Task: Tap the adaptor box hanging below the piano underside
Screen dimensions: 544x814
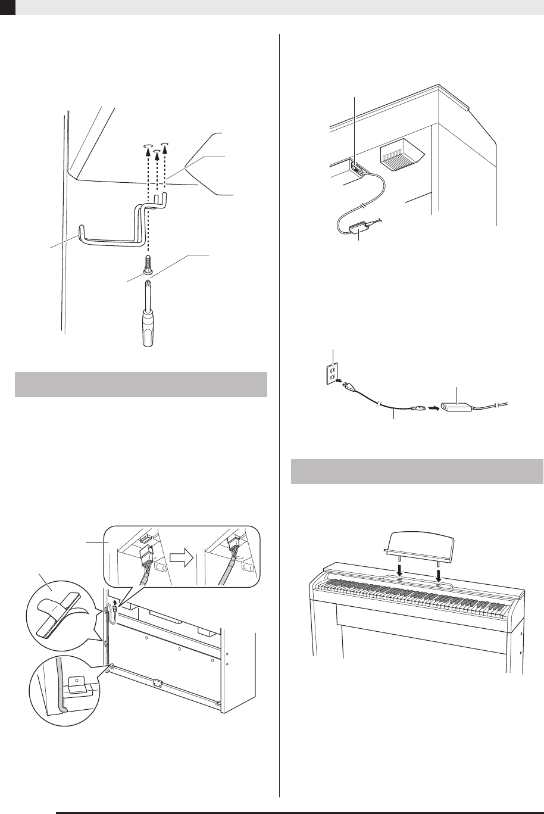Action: tap(359, 227)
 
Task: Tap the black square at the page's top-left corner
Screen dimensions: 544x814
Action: tap(7, 7)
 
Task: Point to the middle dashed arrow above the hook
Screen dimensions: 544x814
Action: tap(157, 173)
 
